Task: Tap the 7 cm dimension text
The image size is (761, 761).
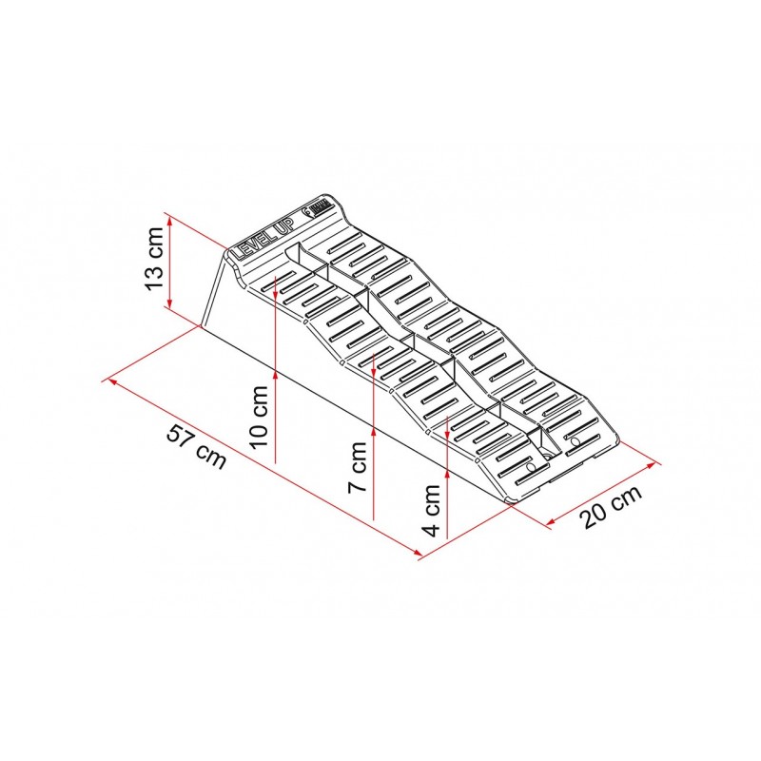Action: pos(359,466)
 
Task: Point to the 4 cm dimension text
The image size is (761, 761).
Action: pos(433,511)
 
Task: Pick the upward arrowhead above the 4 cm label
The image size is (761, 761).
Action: pos(445,419)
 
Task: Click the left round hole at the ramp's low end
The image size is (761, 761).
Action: pos(529,470)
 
